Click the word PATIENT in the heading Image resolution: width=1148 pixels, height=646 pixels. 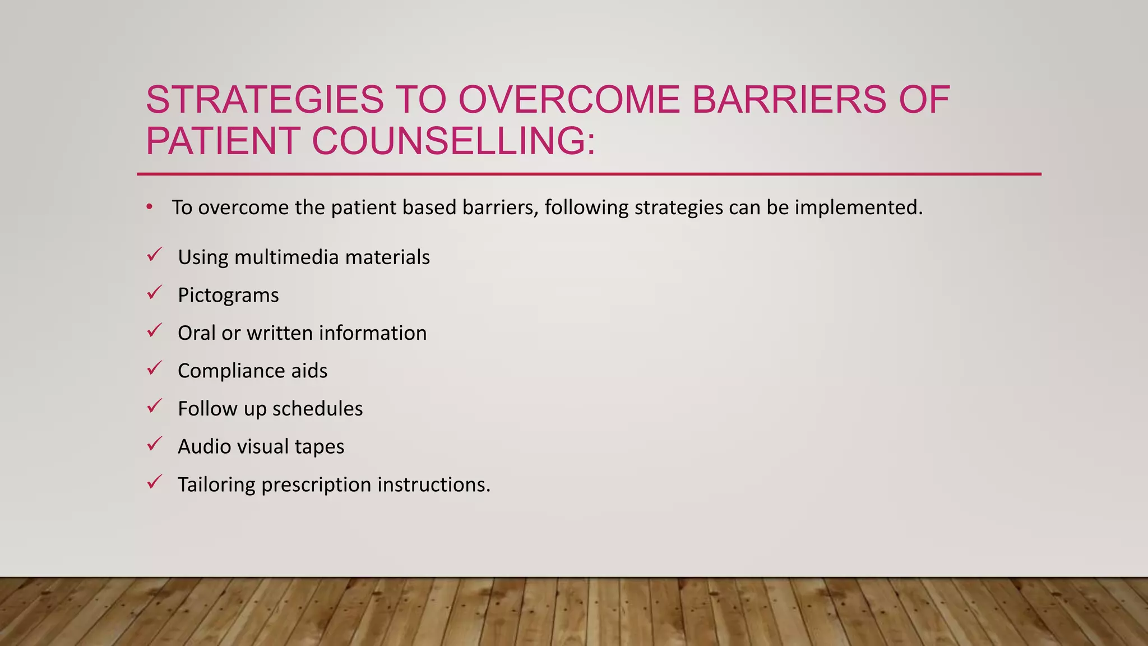(223, 141)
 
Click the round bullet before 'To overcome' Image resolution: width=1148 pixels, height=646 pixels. (149, 207)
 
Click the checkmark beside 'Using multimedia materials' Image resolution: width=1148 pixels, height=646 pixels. (154, 255)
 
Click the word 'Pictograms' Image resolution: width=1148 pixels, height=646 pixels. (228, 295)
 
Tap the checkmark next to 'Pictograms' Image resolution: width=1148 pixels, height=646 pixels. (154, 293)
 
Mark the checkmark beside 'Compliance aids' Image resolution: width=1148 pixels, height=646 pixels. (154, 368)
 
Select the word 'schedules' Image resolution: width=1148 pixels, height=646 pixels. (317, 409)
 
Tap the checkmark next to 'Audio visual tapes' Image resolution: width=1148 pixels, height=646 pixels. (154, 444)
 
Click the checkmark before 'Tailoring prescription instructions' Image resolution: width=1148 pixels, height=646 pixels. (154, 482)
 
